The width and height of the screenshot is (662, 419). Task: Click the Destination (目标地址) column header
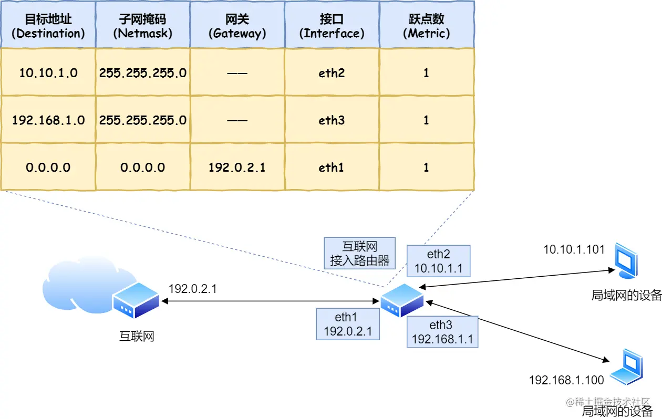tap(48, 25)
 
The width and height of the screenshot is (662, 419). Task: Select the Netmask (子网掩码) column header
tap(142, 25)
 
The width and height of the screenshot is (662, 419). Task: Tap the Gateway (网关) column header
tap(237, 25)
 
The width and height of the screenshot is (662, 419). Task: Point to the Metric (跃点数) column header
tap(426, 25)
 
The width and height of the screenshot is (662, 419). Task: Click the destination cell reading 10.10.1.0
tap(48, 72)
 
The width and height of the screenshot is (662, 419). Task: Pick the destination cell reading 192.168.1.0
tap(48, 120)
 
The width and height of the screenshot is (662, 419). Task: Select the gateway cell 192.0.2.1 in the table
tap(237, 167)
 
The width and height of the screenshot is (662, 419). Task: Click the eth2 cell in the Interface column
tap(332, 72)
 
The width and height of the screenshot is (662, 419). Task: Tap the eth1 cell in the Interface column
tap(332, 167)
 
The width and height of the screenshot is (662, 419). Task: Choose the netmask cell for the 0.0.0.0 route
tap(142, 167)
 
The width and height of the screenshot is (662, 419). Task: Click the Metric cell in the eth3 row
tap(426, 120)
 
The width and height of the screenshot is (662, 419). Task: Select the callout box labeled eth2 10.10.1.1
tap(438, 261)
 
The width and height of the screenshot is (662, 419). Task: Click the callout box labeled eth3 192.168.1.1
tap(442, 332)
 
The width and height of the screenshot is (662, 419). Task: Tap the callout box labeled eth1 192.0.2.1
tap(347, 323)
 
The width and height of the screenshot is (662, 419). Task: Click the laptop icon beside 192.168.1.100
tap(628, 366)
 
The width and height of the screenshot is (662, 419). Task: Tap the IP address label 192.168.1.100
tap(566, 380)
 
